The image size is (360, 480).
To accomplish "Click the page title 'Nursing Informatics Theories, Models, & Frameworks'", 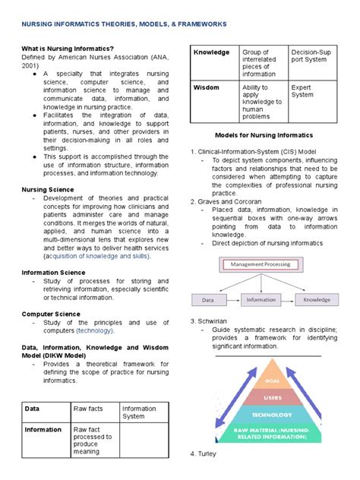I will coord(124,24).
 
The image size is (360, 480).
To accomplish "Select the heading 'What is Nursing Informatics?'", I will coord(68,49).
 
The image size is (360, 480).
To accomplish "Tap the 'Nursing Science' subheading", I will coord(48,188).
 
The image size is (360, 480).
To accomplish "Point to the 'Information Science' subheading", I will coord(53,270).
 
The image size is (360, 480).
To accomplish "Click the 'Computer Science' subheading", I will coord(50,313).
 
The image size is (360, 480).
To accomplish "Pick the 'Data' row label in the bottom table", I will coord(33,409).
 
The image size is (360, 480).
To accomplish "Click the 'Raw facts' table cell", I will coord(88,409).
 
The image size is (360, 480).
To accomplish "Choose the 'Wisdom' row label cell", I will coord(207,87).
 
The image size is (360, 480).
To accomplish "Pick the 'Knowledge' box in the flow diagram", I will coord(317,300).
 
